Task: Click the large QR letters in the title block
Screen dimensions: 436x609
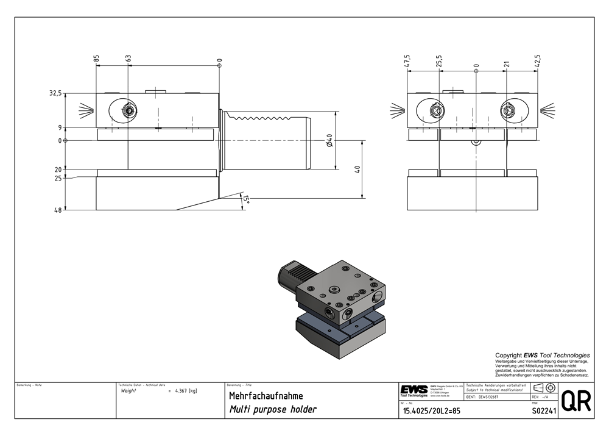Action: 575,401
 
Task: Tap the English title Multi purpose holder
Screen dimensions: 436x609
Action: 272,410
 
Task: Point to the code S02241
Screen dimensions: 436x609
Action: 543,410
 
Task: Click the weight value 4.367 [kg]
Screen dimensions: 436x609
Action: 185,391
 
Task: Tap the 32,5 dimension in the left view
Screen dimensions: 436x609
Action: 55,93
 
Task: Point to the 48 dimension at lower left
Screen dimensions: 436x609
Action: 58,210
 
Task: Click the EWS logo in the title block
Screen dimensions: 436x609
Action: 414,390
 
